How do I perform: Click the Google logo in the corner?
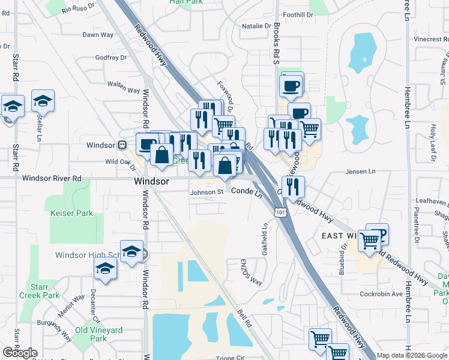20,353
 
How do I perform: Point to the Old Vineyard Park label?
98,334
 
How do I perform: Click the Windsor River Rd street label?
52,178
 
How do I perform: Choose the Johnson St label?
206,193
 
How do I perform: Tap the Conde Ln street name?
247,191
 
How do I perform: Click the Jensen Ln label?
360,172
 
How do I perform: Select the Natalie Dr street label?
256,26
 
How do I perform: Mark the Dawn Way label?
98,35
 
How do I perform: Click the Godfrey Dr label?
111,58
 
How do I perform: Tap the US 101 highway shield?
280,212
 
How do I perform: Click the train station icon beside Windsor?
122,145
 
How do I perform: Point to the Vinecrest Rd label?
427,38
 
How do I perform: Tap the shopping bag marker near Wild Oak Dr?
162,155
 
